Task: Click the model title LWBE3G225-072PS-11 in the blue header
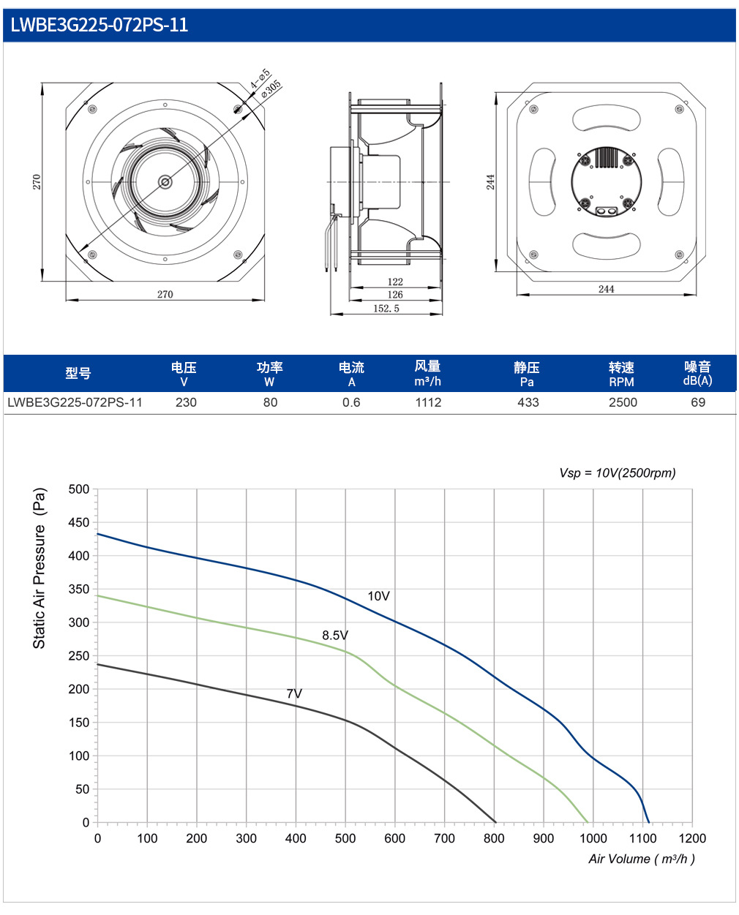click(100, 25)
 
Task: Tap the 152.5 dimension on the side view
click(386, 309)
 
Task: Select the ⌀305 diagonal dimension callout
click(271, 89)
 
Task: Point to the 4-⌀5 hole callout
click(260, 78)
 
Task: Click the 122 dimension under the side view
click(395, 282)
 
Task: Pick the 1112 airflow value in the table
click(428, 402)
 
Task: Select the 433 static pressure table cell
click(528, 402)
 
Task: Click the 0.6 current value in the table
click(351, 402)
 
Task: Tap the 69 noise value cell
click(698, 402)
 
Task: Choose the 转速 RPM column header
click(621, 374)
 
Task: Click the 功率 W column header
click(269, 374)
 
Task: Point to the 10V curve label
click(378, 596)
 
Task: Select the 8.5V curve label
click(335, 636)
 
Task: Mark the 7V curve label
click(294, 694)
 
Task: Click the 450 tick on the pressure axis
click(78, 523)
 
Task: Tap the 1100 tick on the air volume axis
click(642, 838)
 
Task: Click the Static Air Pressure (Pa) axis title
click(39, 568)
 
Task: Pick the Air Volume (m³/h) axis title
click(642, 859)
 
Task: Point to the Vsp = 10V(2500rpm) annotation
click(618, 473)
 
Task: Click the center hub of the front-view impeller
click(165, 182)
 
